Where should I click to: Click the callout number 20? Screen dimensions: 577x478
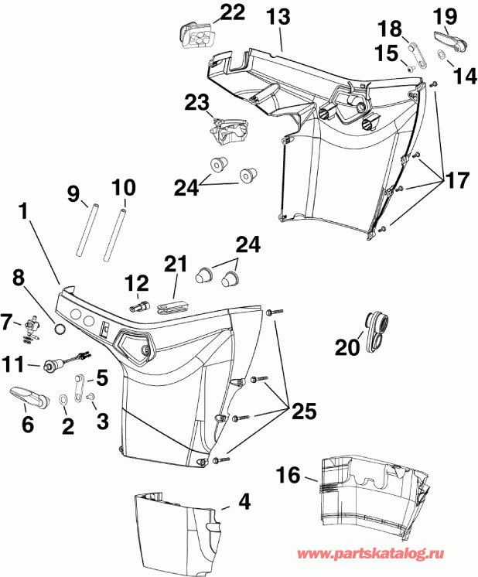(x=347, y=348)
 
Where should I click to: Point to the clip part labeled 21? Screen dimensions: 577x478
(x=174, y=305)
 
